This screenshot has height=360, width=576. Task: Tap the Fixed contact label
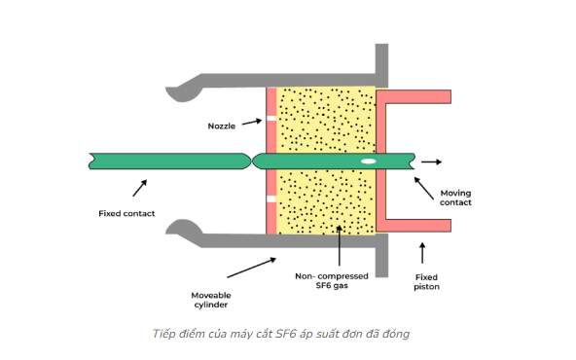click(126, 213)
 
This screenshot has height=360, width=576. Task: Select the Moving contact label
click(455, 198)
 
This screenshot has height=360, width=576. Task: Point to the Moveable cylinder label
click(211, 297)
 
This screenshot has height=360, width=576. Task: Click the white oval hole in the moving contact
click(369, 161)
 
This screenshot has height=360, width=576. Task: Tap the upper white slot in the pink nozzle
click(271, 122)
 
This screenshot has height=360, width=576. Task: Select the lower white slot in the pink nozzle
click(271, 199)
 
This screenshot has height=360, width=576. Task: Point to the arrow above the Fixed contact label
click(140, 187)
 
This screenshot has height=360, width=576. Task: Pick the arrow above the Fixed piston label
click(421, 252)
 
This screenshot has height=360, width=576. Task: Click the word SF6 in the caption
click(286, 334)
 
